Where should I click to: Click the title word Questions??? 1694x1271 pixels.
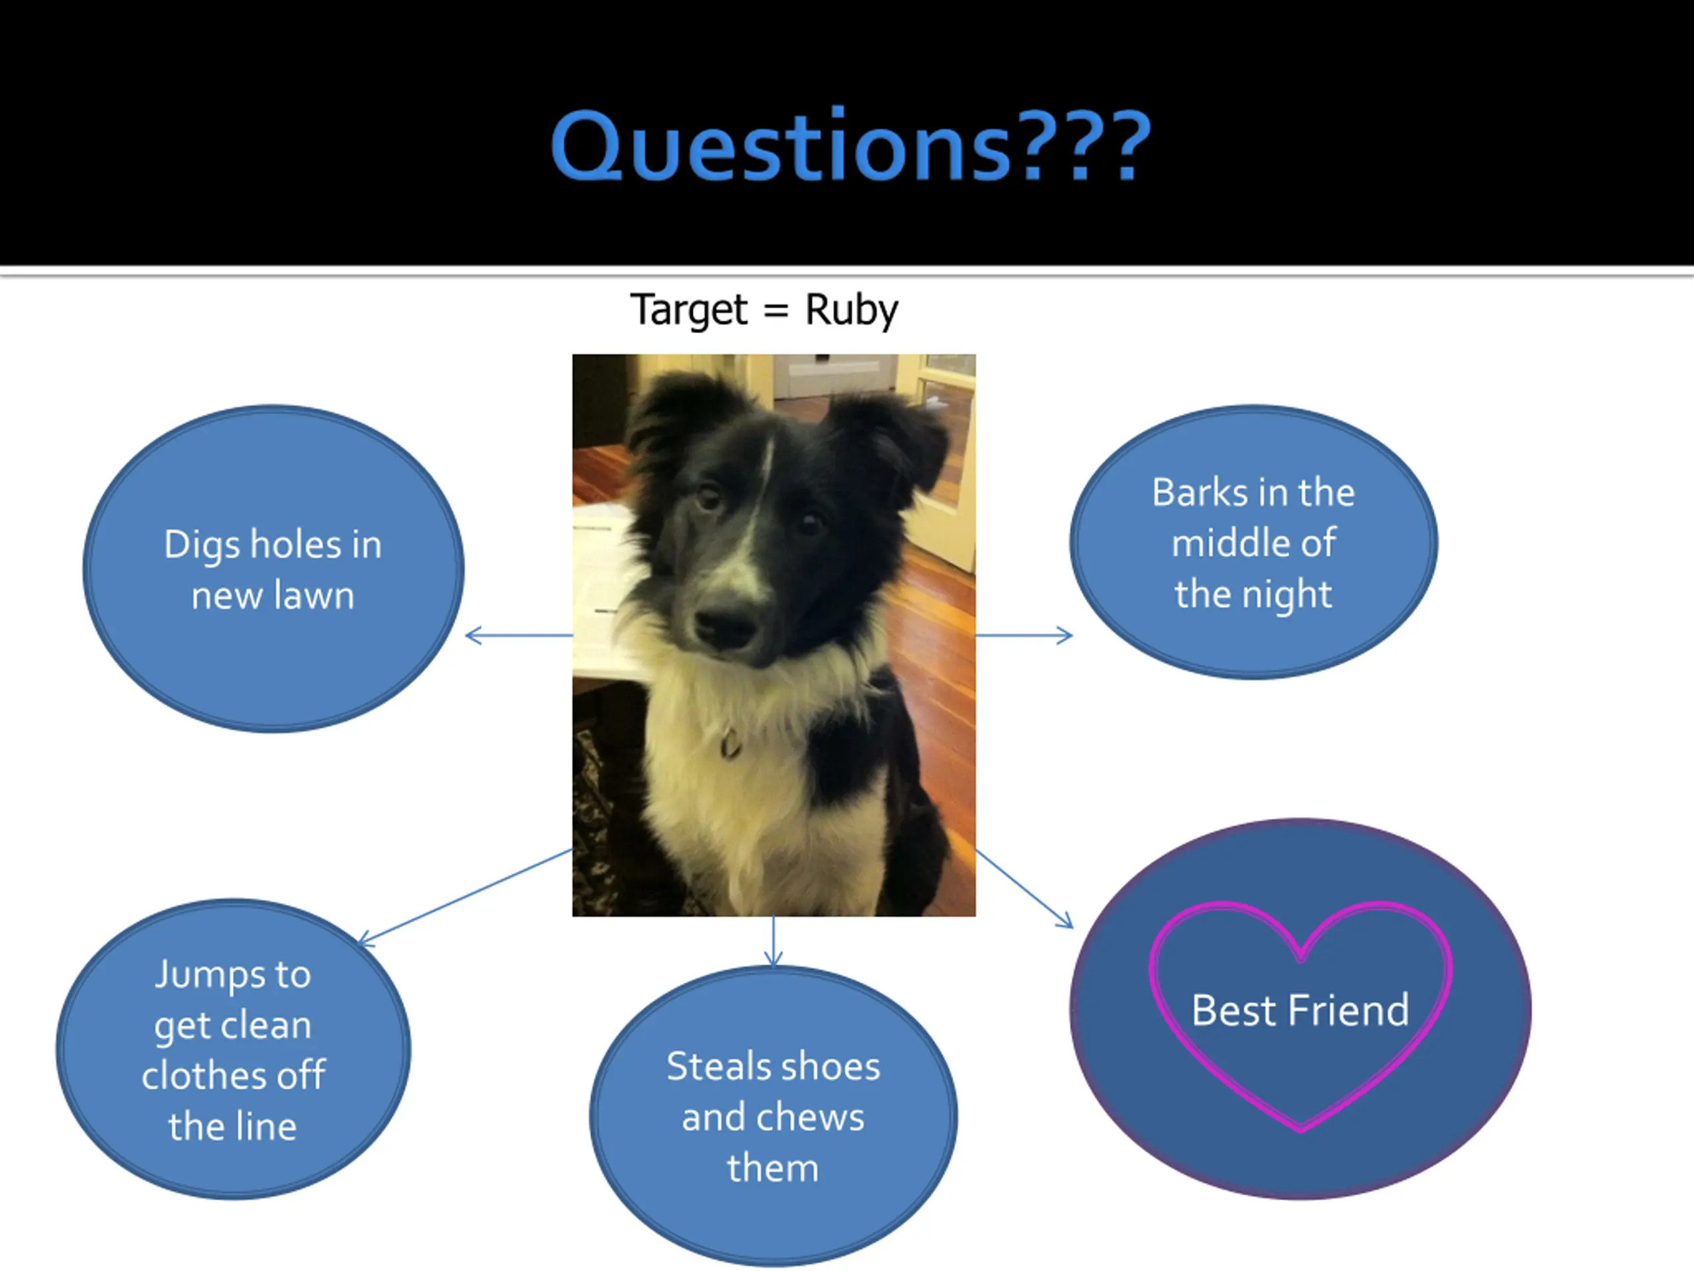(x=850, y=146)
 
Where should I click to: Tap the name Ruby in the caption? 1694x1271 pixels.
(x=851, y=310)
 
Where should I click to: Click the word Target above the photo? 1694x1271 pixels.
(x=688, y=310)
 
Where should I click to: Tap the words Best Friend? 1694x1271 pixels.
(x=1300, y=1010)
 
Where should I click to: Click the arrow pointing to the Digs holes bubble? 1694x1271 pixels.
(x=519, y=635)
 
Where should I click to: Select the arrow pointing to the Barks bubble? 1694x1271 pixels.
(x=1024, y=635)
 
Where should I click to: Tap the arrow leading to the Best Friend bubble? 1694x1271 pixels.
(x=1023, y=888)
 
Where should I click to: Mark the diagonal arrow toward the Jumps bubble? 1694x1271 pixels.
(x=466, y=896)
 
